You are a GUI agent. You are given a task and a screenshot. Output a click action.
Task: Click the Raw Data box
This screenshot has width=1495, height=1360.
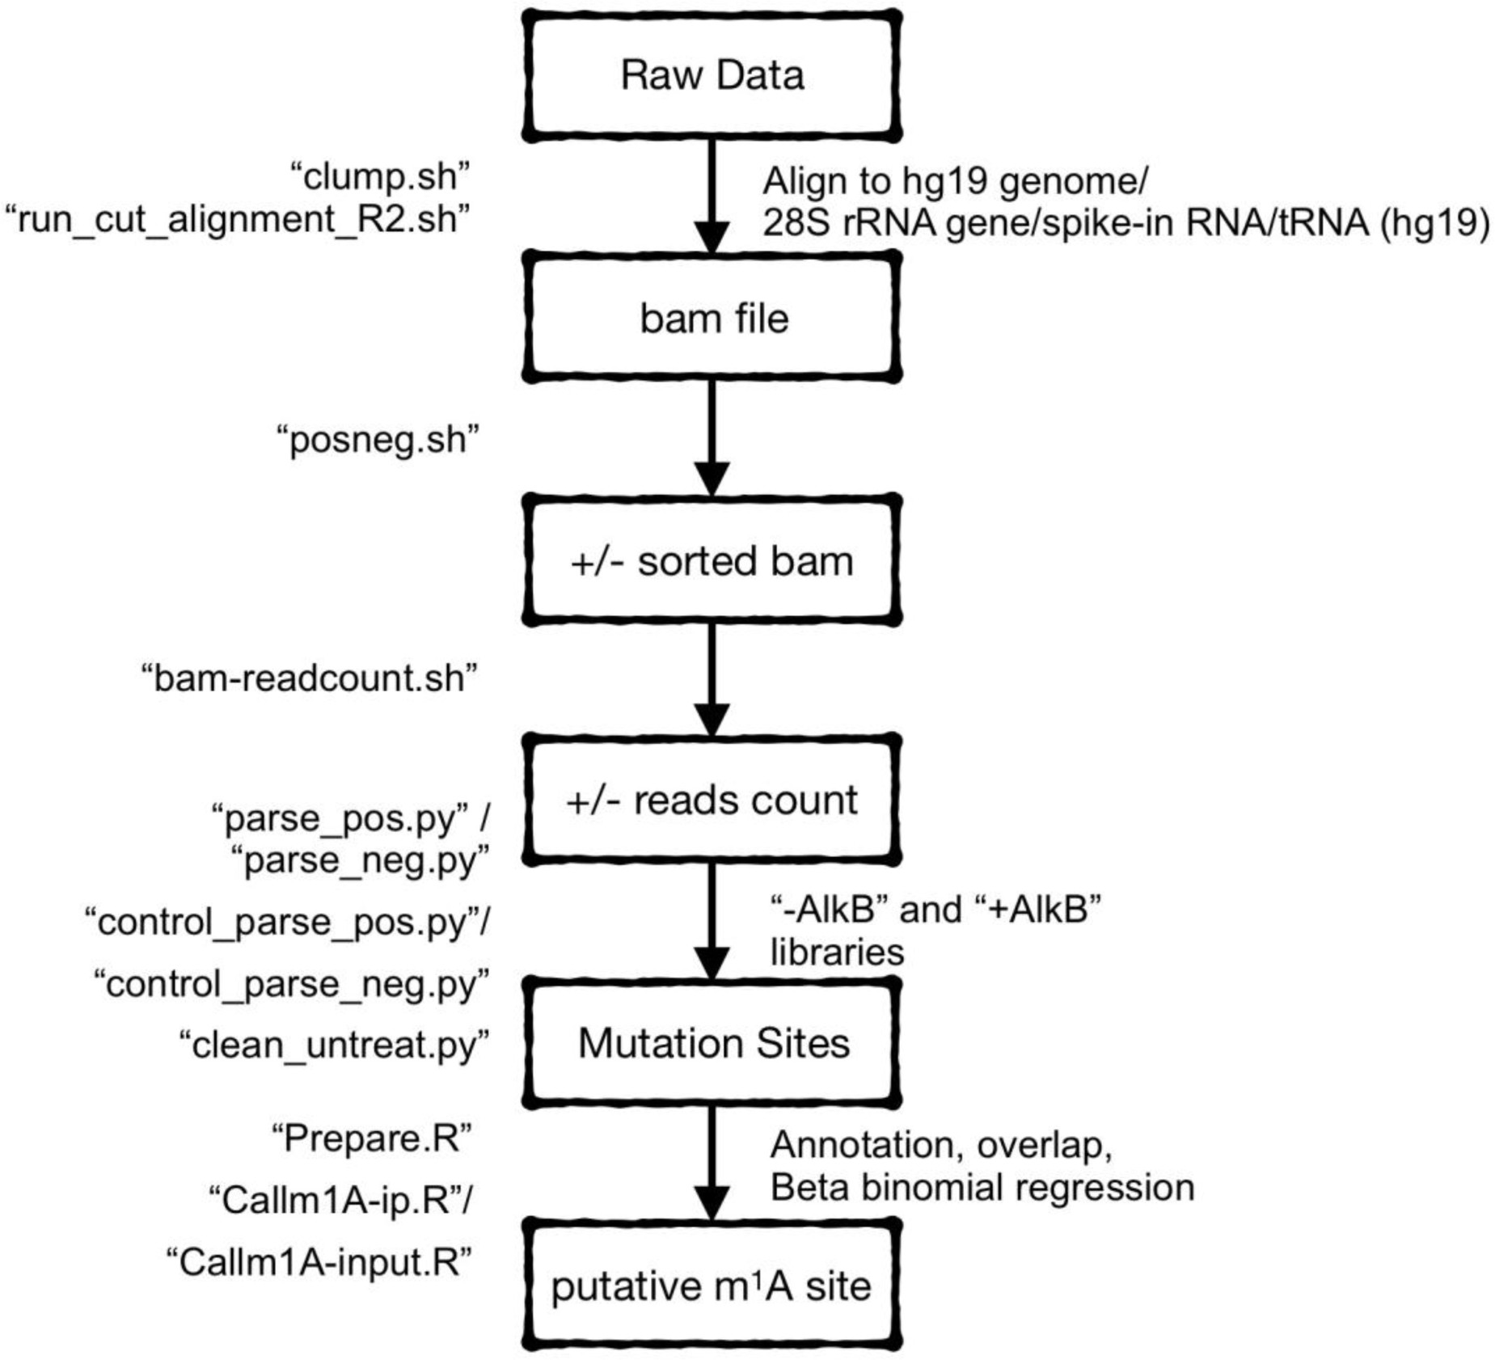(712, 76)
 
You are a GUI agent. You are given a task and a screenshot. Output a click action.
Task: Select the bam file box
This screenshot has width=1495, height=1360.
(712, 319)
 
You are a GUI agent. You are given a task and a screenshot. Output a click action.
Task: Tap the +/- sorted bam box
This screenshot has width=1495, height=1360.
(712, 561)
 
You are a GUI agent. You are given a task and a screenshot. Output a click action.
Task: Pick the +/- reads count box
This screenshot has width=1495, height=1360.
(712, 800)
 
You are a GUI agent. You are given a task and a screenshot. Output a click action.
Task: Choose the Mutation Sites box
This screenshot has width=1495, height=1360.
(712, 1043)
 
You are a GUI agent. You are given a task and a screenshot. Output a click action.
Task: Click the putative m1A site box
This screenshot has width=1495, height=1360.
(712, 1286)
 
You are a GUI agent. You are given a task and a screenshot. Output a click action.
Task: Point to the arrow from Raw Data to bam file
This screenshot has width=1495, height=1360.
(712, 194)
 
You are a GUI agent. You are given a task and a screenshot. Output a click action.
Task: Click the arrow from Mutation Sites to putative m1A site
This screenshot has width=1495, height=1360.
(712, 1160)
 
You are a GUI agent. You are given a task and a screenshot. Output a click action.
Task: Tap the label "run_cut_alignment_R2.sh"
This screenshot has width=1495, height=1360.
(239, 219)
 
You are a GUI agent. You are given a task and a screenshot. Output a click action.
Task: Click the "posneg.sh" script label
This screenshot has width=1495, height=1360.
(378, 441)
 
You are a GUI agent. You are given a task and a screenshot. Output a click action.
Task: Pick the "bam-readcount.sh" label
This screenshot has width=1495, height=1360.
(309, 678)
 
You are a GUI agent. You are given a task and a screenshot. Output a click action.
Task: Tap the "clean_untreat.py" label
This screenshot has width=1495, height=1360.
(334, 1045)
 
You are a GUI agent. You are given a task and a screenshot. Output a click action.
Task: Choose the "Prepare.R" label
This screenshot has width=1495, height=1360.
(371, 1139)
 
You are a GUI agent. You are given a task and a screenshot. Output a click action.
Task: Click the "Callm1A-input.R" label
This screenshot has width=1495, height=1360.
(319, 1262)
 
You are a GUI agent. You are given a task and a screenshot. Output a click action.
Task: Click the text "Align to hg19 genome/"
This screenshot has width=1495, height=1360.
(954, 181)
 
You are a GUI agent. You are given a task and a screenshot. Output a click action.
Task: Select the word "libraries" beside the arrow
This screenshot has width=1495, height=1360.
(836, 952)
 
